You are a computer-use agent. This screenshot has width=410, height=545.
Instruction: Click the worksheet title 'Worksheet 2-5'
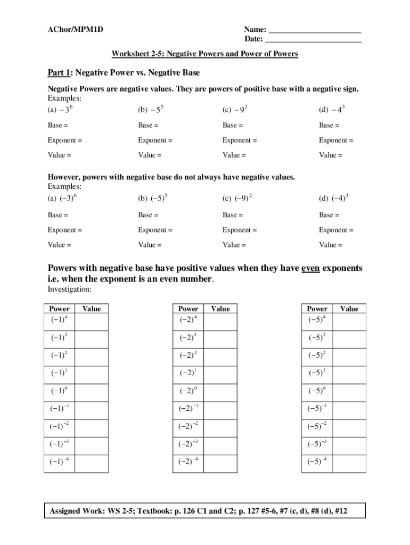(x=204, y=54)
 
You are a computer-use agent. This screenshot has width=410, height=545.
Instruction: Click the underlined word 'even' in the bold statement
(x=310, y=268)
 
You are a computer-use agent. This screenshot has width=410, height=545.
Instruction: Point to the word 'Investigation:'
(x=70, y=290)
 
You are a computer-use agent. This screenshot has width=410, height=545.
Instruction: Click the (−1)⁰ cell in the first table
(x=59, y=391)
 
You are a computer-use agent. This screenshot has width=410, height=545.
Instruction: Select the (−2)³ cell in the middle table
(x=188, y=338)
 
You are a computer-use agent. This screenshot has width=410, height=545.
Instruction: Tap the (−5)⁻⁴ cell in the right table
(x=317, y=461)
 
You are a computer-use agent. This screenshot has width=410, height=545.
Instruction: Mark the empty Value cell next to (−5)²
(x=349, y=356)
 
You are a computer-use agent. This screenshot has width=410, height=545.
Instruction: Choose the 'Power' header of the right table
(x=317, y=309)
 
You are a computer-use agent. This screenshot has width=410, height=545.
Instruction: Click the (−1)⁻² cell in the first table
(x=59, y=426)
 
